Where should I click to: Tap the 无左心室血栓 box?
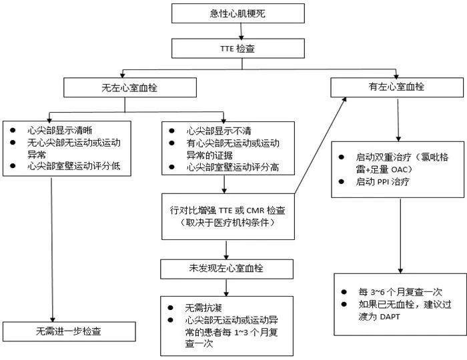(x=129, y=87)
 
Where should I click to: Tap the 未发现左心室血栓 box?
(x=227, y=269)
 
